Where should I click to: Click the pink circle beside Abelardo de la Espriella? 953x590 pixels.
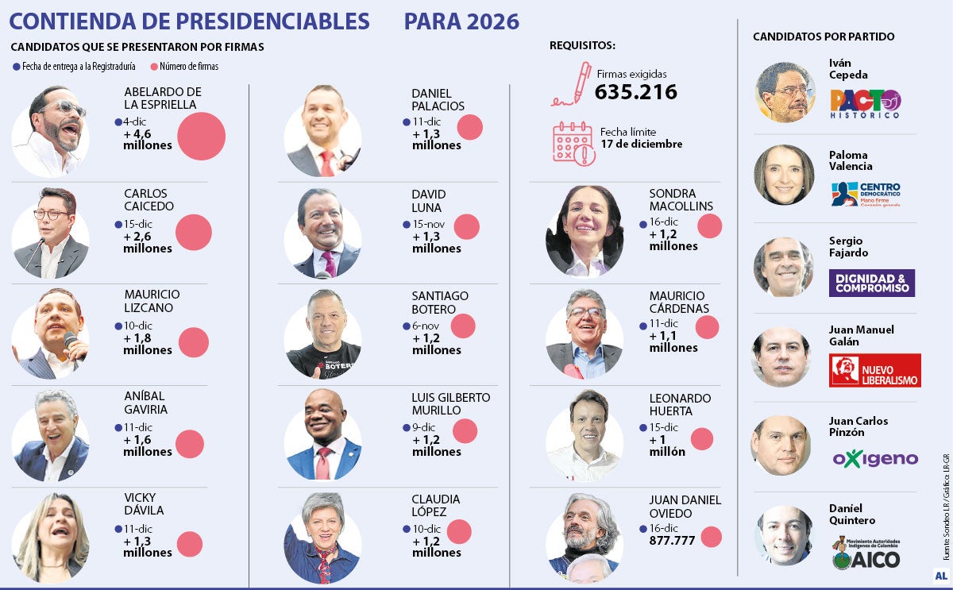coord(201,136)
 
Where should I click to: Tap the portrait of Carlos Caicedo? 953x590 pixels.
coord(51,233)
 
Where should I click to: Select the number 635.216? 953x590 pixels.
coord(635,92)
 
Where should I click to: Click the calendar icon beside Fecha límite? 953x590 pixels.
coord(573,144)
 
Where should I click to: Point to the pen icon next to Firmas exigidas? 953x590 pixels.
coord(573,83)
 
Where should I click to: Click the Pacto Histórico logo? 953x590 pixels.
coord(866,104)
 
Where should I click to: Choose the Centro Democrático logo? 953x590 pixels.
coord(866,194)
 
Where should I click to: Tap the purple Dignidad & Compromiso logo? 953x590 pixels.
coord(871,283)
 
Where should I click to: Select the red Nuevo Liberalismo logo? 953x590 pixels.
coord(874,370)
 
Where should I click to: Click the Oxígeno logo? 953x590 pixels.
coord(874,459)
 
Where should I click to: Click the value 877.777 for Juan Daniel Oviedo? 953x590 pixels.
coord(672,541)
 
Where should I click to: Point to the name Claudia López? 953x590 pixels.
coord(435,506)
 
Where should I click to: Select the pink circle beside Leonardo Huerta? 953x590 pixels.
coord(701,439)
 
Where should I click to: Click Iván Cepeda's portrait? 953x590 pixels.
coord(785,92)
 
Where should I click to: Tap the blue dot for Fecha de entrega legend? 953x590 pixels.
coord(17,67)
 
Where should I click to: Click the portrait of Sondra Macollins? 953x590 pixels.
coord(584,231)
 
